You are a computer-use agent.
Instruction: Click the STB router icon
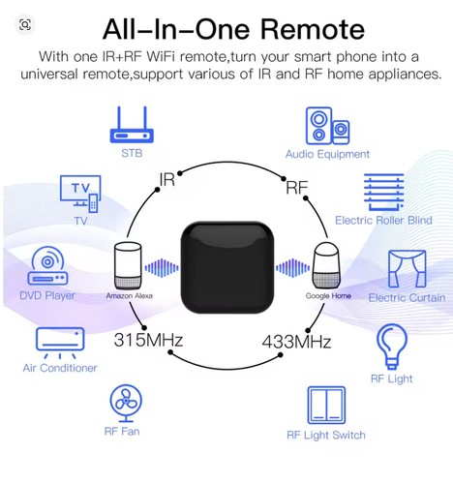click(x=132, y=125)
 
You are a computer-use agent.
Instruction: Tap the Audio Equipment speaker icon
click(x=327, y=126)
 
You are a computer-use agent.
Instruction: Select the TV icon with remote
click(x=80, y=194)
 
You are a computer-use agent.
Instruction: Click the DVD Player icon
click(x=47, y=265)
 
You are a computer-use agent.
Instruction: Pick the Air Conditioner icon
click(x=60, y=343)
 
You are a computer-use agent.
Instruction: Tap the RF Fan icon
click(x=126, y=404)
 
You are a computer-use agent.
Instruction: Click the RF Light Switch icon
click(x=326, y=406)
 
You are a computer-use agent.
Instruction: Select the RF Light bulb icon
click(x=392, y=347)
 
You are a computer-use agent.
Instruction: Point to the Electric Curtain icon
click(x=408, y=269)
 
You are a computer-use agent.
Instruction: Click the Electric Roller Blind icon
click(x=384, y=193)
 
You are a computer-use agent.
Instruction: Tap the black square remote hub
click(x=227, y=267)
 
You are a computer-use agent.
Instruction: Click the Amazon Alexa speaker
click(x=128, y=265)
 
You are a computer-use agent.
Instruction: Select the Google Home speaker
click(x=326, y=266)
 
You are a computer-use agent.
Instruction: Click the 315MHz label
click(x=148, y=340)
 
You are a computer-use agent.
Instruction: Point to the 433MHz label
click(x=296, y=342)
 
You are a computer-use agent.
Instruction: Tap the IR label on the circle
click(x=167, y=179)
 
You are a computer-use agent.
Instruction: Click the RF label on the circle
click(x=297, y=187)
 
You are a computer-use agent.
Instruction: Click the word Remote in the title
click(x=313, y=29)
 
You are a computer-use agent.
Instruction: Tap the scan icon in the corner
click(x=25, y=24)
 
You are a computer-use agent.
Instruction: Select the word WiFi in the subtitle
click(x=161, y=56)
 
